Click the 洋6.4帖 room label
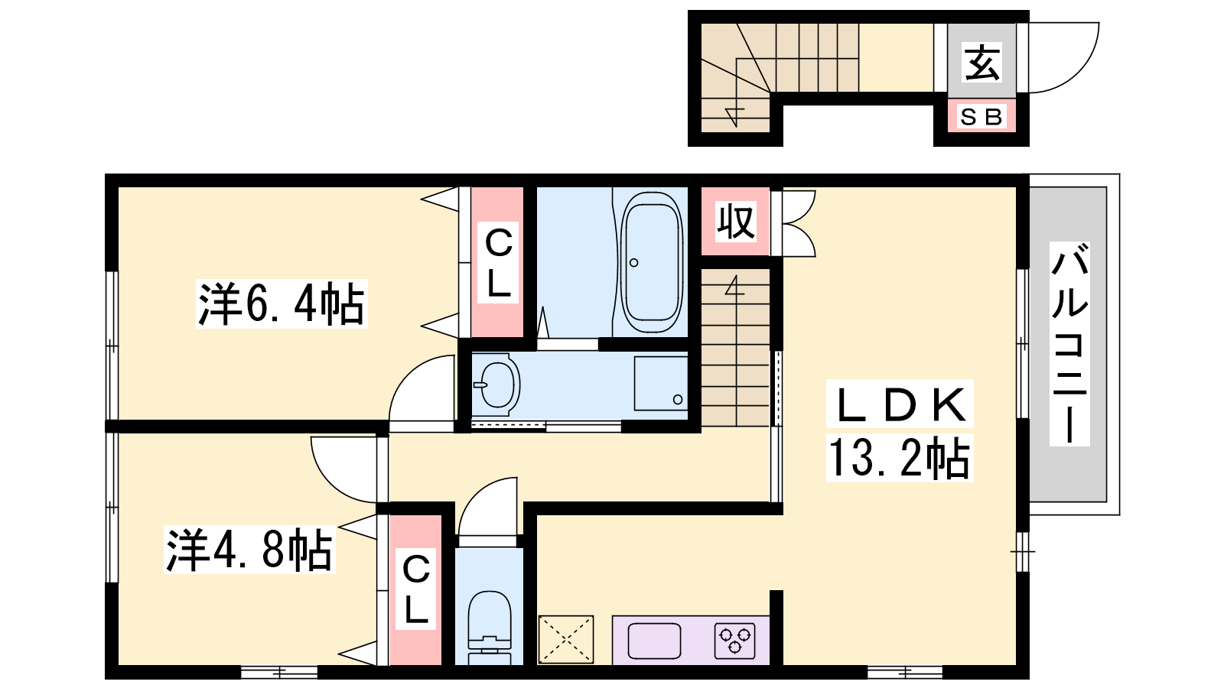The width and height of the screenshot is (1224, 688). point(282,304)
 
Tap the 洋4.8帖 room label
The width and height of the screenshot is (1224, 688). point(249,550)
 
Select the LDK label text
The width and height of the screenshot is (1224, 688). point(900,404)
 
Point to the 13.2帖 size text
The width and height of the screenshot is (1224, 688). point(900,458)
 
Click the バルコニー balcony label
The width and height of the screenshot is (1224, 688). point(1069,344)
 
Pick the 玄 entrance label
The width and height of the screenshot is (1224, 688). point(981,62)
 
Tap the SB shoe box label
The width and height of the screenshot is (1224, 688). point(981,116)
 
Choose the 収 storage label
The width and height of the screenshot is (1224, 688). point(735,222)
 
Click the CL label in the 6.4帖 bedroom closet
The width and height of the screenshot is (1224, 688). point(498,263)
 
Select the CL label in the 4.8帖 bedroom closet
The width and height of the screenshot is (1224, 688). point(416,589)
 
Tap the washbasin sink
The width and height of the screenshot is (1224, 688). point(496,385)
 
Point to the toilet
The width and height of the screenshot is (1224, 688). point(489,628)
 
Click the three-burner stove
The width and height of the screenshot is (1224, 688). point(735,641)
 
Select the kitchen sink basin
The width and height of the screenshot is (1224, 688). point(654,641)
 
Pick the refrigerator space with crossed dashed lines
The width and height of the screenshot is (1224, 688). point(565,640)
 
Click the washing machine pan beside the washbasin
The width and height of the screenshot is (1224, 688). point(661,383)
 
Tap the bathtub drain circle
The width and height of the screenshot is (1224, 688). point(634,263)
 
